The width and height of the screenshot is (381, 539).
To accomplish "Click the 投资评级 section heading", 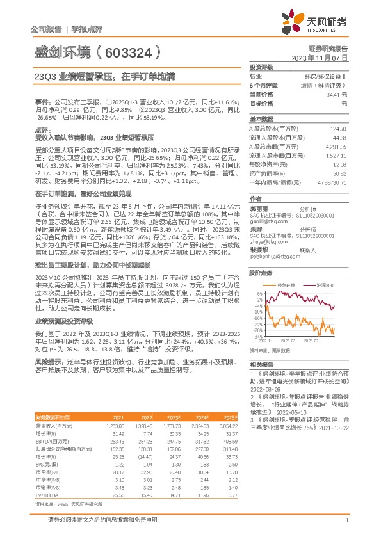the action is click(261, 67).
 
